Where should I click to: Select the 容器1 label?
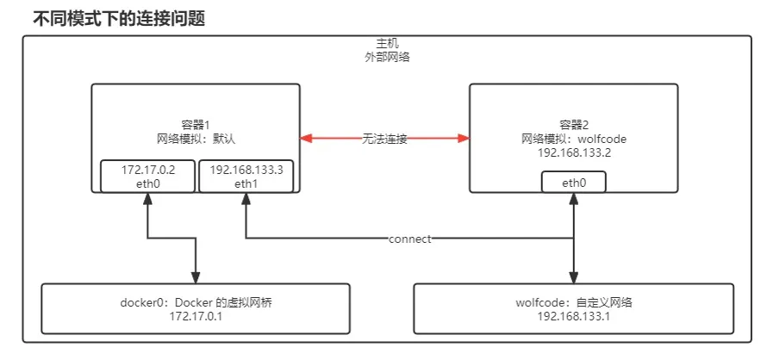click(x=196, y=123)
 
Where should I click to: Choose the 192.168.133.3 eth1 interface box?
click(x=246, y=176)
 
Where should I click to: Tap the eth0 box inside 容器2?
click(x=574, y=183)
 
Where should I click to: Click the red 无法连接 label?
click(x=384, y=139)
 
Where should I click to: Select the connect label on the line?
click(x=409, y=239)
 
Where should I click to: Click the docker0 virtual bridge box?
click(x=196, y=308)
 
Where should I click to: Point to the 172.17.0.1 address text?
click(x=196, y=316)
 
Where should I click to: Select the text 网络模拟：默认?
click(x=196, y=137)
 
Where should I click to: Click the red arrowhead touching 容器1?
click(x=306, y=139)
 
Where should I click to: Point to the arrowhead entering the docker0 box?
click(x=196, y=277)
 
